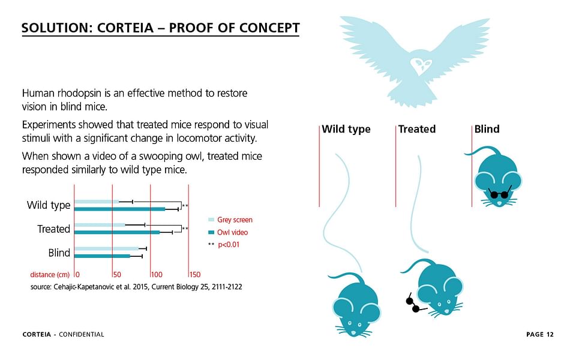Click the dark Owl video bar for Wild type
pyautogui.click(x=120, y=209)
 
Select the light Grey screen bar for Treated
pyautogui.click(x=100, y=225)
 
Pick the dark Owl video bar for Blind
pyautogui.click(x=103, y=256)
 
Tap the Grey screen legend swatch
pyautogui.click(x=211, y=220)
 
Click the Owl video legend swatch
pyautogui.click(x=211, y=232)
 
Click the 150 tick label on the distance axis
pyautogui.click(x=195, y=274)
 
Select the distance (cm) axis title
pyautogui.click(x=50, y=275)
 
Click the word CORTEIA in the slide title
pyautogui.click(x=125, y=28)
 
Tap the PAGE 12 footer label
pyautogui.click(x=539, y=334)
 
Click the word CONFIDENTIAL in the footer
pyautogui.click(x=82, y=334)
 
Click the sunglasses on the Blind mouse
pyautogui.click(x=500, y=193)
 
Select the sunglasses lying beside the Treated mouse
pyautogui.click(x=414, y=304)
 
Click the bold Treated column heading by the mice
pyautogui.click(x=417, y=129)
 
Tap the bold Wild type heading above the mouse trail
pyautogui.click(x=346, y=130)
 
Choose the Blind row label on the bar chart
pyautogui.click(x=59, y=253)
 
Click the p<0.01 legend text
pyautogui.click(x=229, y=245)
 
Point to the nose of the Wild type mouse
pyautogui.click(x=354, y=333)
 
